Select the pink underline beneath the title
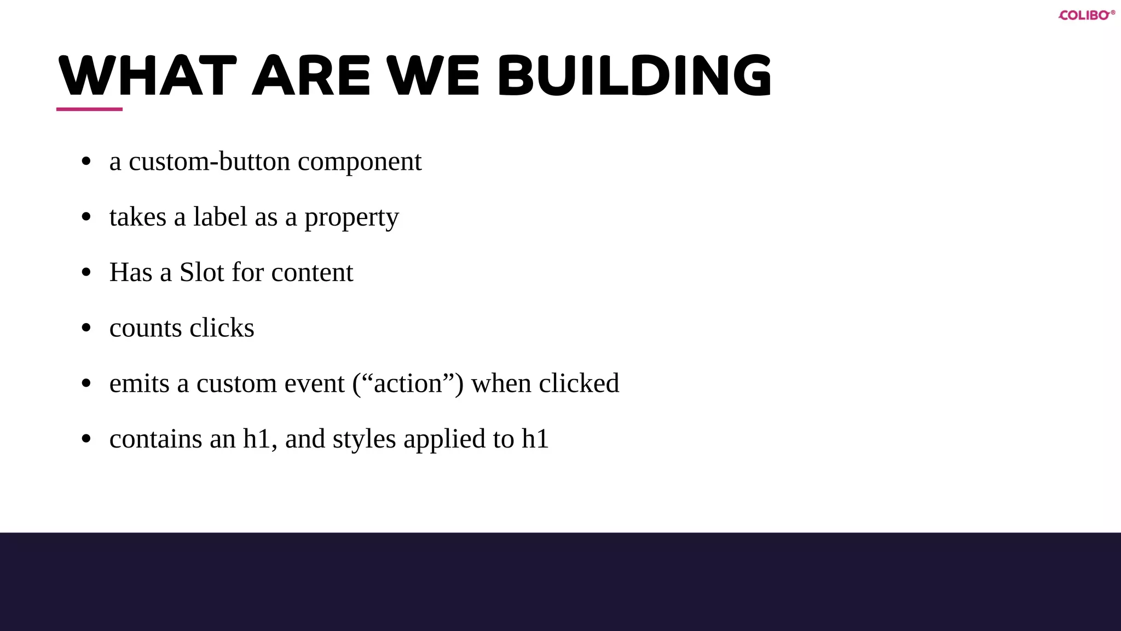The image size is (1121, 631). click(89, 109)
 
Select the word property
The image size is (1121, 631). click(351, 219)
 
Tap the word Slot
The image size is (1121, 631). click(202, 272)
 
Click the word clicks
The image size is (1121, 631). click(222, 328)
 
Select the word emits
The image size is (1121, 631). click(139, 383)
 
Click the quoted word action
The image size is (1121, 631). click(408, 383)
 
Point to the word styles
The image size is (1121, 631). click(364, 439)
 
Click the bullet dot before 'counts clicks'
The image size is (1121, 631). click(86, 328)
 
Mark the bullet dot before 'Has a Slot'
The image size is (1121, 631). click(86, 272)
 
